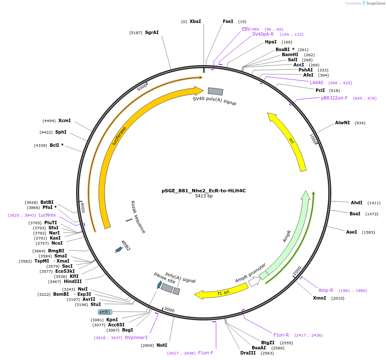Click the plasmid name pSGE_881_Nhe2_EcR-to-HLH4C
203,191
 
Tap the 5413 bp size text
204,196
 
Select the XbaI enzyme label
195,21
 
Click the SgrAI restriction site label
152,32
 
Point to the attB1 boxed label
105,312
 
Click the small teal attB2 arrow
119,250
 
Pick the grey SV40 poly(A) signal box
215,91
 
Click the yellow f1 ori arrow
221,291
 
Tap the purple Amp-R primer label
326,290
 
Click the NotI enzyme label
162,345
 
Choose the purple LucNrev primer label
47,215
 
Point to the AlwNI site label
342,123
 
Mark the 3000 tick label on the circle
169,309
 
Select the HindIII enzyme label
73,281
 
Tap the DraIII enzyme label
248,353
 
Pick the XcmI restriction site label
65,120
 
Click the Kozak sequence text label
138,217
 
